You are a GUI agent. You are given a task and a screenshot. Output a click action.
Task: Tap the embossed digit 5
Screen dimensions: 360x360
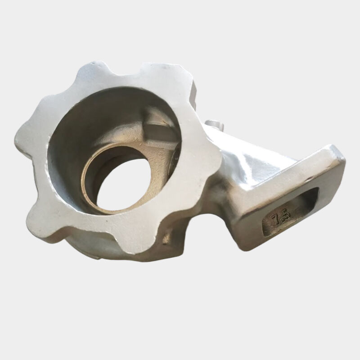[286, 215]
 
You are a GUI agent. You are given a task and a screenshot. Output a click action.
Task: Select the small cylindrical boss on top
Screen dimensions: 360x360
[215, 125]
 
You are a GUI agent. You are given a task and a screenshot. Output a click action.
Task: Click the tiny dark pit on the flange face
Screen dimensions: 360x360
[107, 221]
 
